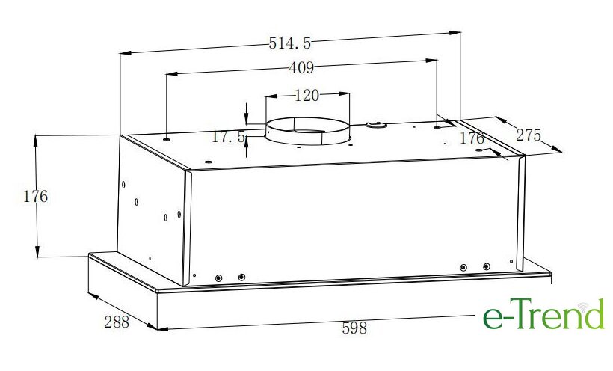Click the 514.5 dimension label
290,43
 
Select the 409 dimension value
301,68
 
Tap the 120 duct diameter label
306,95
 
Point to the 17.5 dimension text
228,137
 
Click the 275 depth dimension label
529,135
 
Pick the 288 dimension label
117,322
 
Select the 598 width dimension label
354,328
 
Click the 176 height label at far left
36,197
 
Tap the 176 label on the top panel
472,138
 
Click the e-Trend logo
543,314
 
